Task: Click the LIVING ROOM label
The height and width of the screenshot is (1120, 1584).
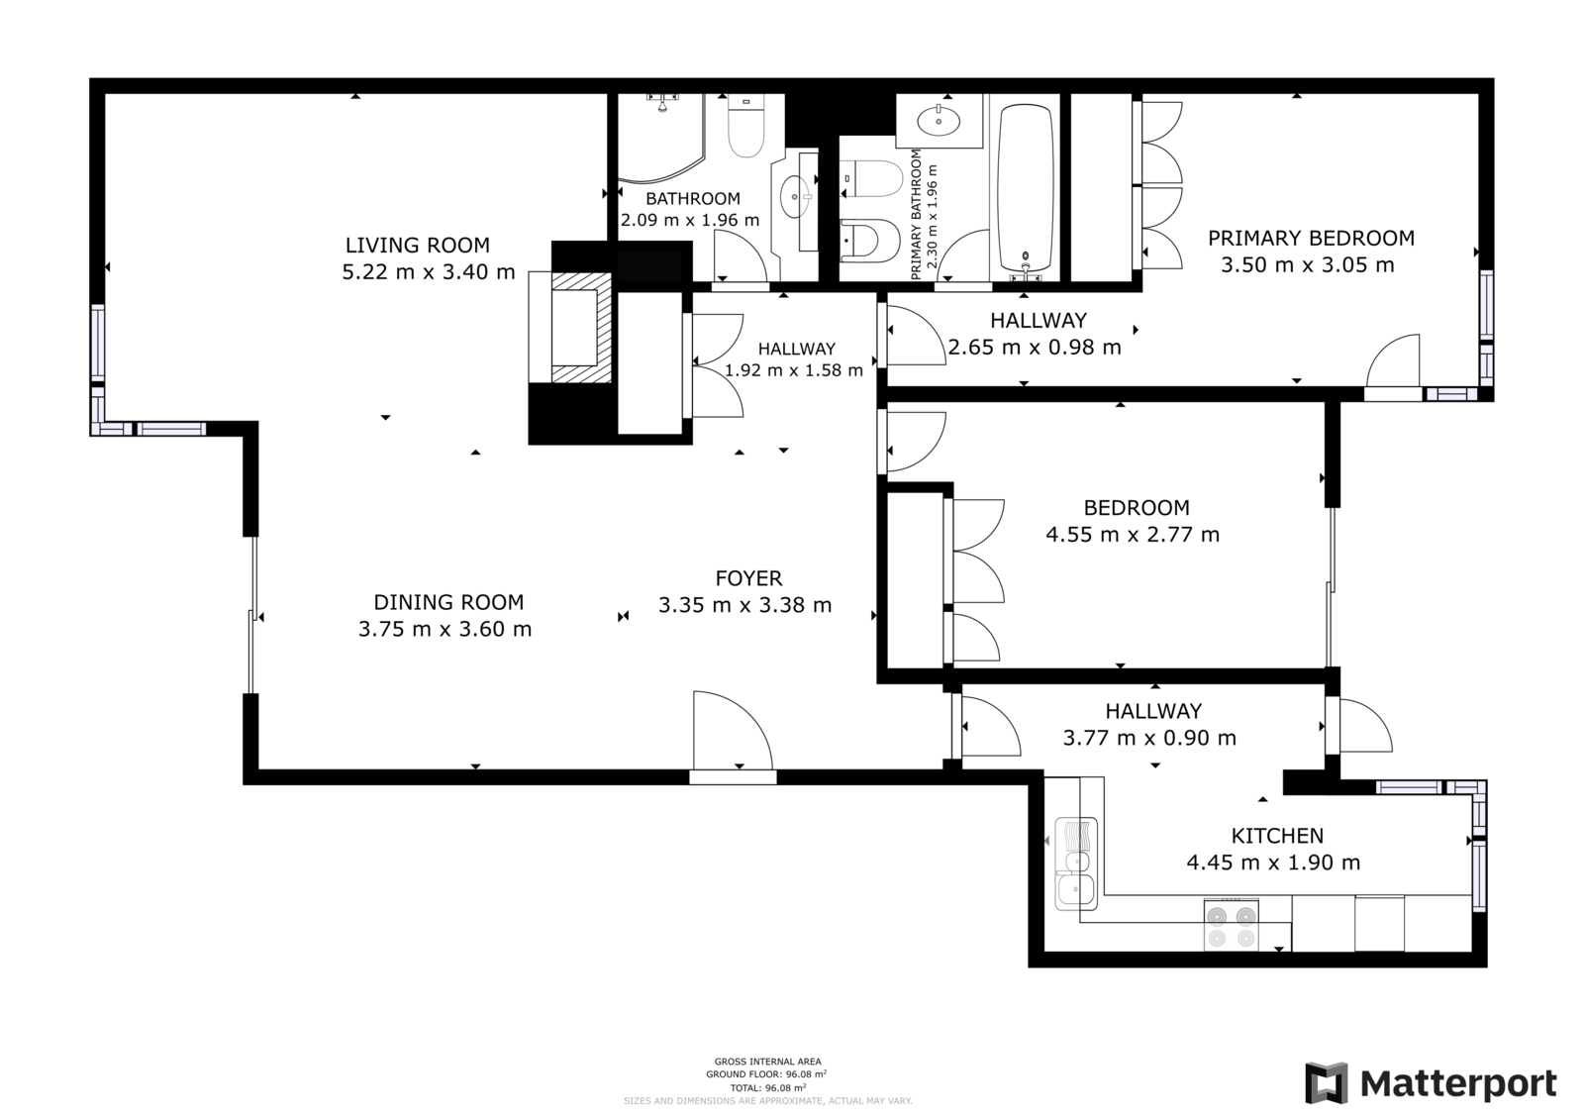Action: point(417,246)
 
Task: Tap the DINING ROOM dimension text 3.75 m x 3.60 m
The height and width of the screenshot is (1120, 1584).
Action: point(445,629)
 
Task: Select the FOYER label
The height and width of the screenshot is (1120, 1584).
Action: point(748,578)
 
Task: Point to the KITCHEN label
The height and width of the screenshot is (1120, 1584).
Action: point(1277,836)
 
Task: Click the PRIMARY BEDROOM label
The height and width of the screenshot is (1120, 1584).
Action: point(1311,239)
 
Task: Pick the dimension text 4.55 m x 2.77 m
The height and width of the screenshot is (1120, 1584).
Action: point(1133,534)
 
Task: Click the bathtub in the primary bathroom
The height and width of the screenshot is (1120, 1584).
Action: point(1026,188)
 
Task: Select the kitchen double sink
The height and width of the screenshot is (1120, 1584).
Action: point(1075,864)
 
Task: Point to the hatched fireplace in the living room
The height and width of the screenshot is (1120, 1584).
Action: point(580,328)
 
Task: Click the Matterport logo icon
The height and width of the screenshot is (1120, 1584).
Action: point(1326,1082)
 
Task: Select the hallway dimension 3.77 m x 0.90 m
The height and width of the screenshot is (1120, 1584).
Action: point(1149,738)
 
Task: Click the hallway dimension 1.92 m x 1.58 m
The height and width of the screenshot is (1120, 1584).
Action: point(793,370)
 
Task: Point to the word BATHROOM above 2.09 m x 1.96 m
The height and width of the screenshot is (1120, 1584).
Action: point(692,199)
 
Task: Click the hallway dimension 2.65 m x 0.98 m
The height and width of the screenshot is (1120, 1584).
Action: point(1035,348)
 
